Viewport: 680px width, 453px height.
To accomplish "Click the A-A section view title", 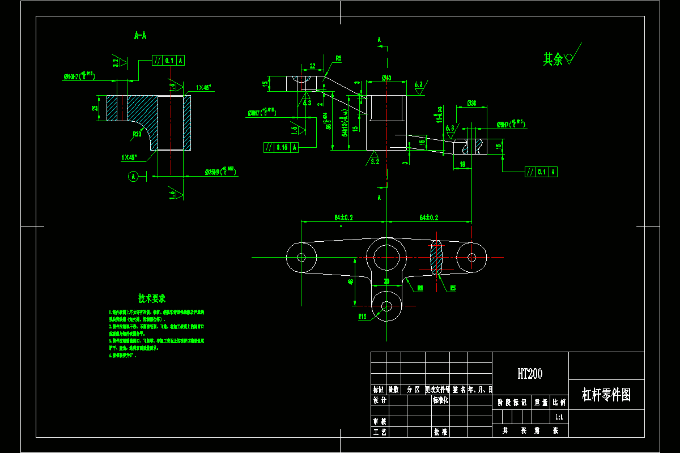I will (140, 36).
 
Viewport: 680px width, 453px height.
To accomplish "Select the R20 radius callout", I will (137, 134).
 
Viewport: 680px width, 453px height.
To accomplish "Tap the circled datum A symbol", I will (133, 176).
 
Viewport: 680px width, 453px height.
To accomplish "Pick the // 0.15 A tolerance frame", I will (282, 148).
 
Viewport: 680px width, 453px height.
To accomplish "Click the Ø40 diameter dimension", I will (386, 78).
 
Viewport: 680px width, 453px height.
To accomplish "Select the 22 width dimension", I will (312, 66).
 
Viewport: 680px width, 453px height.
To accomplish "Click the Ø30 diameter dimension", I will (471, 103).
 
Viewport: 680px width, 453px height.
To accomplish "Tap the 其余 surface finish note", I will (553, 59).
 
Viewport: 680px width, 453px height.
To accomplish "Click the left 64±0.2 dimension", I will (343, 217).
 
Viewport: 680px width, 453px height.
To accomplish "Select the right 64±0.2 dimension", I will (429, 217).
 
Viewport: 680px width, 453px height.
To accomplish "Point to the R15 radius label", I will (363, 317).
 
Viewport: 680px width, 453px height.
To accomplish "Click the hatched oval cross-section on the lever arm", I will (437, 257).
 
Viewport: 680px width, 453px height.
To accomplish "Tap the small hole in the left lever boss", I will (301, 257).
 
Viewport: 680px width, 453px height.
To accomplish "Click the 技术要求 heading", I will (151, 298).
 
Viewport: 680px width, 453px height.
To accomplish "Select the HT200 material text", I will (530, 374).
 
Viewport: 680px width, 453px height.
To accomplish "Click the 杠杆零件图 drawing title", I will (606, 395).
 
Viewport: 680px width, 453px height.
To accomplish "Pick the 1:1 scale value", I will (559, 417).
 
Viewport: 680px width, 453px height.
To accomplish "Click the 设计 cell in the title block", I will (379, 400).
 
